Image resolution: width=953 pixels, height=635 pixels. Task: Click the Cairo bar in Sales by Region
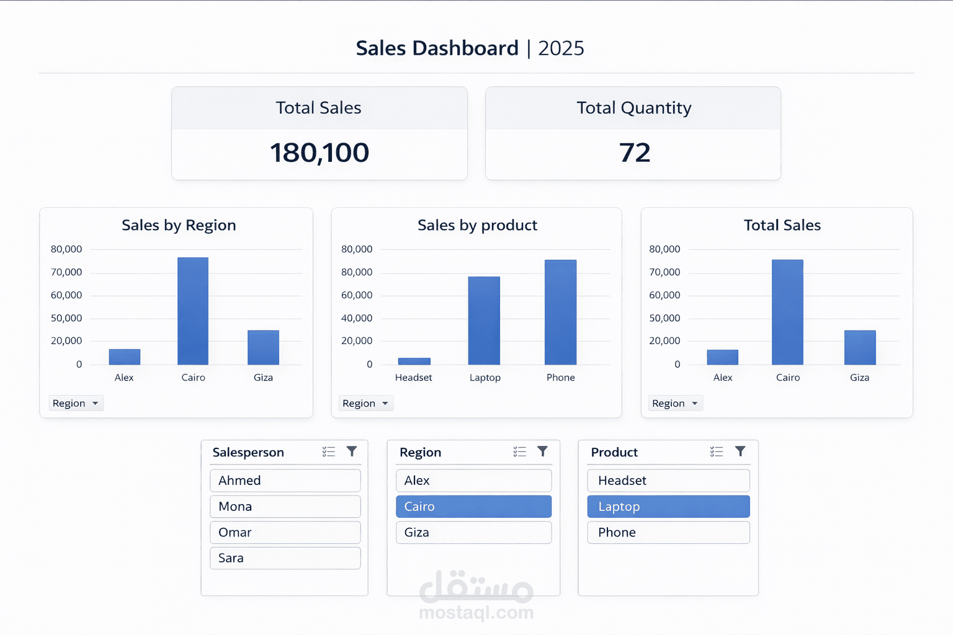[x=193, y=311]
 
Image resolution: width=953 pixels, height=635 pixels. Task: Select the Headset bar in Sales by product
[x=414, y=361]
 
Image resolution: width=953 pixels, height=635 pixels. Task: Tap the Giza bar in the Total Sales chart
[x=859, y=347]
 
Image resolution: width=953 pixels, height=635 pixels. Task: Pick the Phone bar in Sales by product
[x=560, y=312]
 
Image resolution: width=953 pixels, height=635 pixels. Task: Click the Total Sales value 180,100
[x=320, y=153]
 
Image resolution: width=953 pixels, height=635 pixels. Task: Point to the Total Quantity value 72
[x=634, y=153]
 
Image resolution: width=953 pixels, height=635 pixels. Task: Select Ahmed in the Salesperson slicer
[x=285, y=481]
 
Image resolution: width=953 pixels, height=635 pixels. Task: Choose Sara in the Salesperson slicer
[x=285, y=558]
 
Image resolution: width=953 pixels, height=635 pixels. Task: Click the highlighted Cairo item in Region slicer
[x=473, y=507]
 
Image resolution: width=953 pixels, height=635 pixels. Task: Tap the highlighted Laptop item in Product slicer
[x=668, y=507]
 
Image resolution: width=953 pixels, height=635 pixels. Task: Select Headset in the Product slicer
[x=668, y=481]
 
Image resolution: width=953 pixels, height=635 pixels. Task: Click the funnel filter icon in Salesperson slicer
[x=352, y=451]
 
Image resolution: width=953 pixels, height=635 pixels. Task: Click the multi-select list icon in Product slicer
[x=717, y=451]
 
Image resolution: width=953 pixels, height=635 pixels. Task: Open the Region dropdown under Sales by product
[x=365, y=403]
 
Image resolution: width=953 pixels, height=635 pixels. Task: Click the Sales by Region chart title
[x=179, y=225]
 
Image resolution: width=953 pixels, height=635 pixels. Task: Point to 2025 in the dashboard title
[x=561, y=48]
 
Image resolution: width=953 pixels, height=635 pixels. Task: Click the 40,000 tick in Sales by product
[x=357, y=318]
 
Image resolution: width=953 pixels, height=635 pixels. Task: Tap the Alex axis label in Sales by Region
[x=124, y=378]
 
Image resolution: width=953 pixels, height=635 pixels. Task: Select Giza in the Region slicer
[x=473, y=533]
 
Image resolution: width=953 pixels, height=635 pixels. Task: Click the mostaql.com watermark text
[x=476, y=613]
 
